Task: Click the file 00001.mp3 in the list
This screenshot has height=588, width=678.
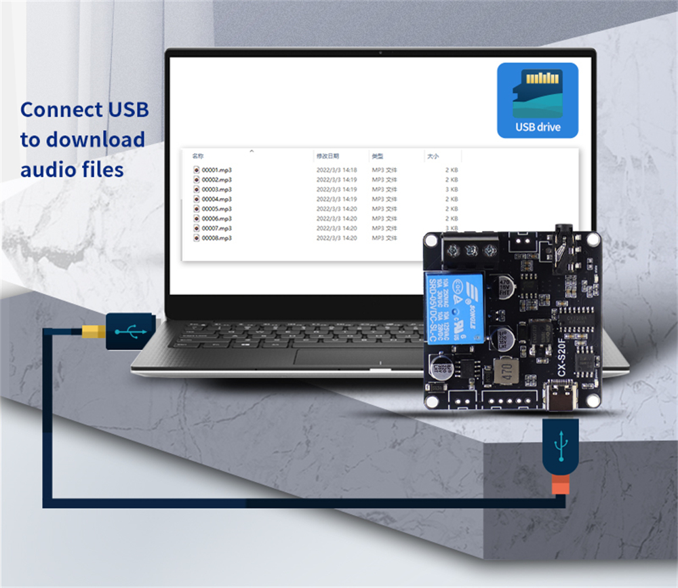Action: click(216, 170)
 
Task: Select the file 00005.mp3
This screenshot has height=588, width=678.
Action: click(216, 209)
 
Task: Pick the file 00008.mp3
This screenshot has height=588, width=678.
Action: click(216, 238)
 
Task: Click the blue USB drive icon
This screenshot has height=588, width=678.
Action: click(538, 100)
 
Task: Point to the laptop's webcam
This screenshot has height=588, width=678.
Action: click(380, 53)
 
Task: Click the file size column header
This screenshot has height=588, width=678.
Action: click(433, 156)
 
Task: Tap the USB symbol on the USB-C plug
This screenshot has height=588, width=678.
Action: click(560, 447)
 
